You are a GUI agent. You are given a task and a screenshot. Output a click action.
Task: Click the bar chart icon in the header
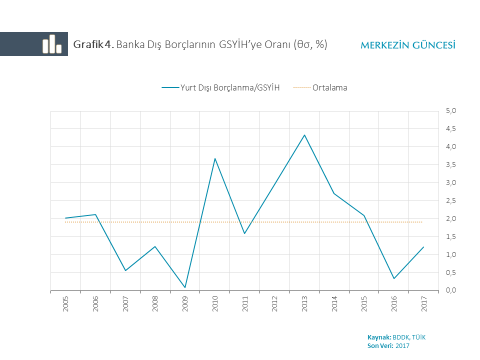[51, 44]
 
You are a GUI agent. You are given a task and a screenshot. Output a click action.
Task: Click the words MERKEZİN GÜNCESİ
[407, 45]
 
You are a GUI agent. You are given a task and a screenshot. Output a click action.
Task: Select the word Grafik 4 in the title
[93, 44]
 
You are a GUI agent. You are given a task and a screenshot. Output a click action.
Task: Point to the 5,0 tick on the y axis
[450, 111]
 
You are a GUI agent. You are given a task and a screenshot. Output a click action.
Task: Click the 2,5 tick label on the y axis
[450, 201]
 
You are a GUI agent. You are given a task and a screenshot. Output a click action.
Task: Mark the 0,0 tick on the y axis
[450, 290]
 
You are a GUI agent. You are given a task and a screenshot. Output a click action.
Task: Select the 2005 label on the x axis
[65, 304]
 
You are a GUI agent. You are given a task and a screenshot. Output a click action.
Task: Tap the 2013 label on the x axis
[304, 304]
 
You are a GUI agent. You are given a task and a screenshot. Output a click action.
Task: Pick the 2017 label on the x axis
[424, 304]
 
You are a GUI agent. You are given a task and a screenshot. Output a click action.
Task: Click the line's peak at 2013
[304, 135]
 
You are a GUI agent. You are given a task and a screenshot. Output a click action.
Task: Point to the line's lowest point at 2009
[185, 287]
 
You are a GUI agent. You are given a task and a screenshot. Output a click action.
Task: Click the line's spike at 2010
[215, 158]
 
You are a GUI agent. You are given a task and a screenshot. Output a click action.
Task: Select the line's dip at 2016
[394, 278]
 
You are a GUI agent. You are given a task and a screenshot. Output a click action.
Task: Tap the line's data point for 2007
[125, 270]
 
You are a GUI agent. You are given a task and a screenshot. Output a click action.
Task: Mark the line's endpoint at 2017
[423, 247]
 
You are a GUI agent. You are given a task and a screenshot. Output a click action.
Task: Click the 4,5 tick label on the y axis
[450, 129]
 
